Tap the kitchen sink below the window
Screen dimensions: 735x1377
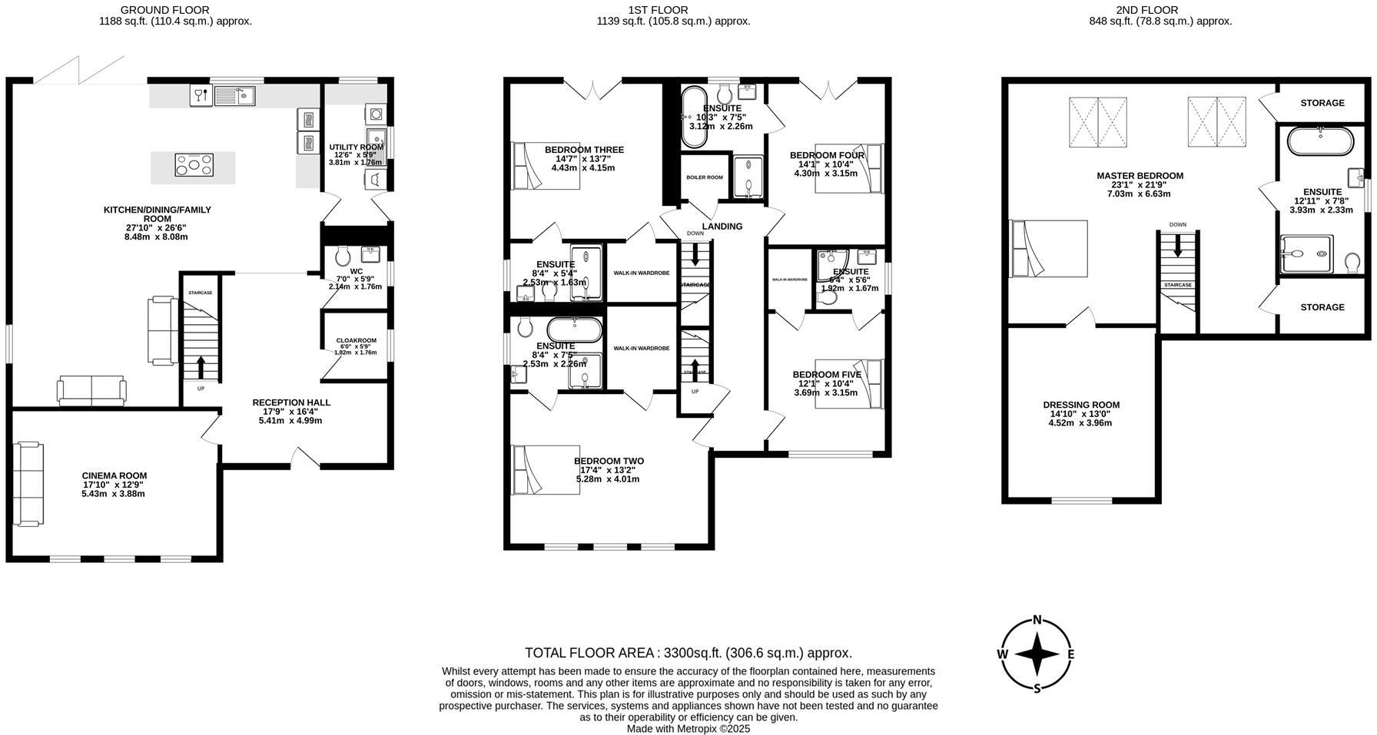tap(235, 97)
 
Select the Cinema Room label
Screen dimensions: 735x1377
tap(114, 475)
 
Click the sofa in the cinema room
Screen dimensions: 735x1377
tap(28, 483)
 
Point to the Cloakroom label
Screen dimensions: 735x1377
tap(356, 341)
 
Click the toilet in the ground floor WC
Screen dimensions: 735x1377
tap(343, 255)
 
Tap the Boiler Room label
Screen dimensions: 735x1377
tap(704, 177)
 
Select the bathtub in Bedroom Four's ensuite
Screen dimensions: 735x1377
tap(693, 117)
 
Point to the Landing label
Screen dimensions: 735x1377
tap(722, 226)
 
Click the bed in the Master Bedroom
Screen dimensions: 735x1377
tap(1049, 249)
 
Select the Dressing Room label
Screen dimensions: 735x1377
tap(1080, 405)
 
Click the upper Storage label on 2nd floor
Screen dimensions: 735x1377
tap(1322, 103)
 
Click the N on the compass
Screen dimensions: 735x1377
tap(1037, 621)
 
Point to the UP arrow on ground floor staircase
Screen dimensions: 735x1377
tap(201, 368)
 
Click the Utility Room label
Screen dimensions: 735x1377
tap(355, 147)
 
